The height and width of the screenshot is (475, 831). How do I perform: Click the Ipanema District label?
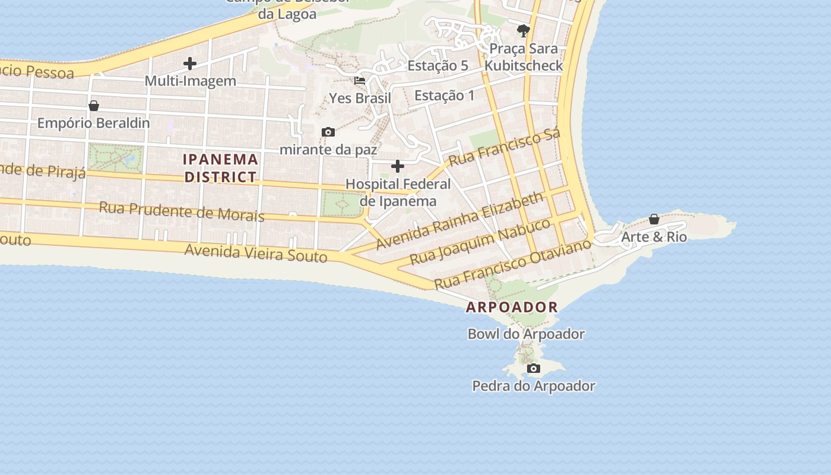[x=220, y=168]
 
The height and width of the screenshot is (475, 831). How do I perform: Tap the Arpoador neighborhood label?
[x=512, y=307]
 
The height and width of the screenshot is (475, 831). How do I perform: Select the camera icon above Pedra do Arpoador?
[x=534, y=369]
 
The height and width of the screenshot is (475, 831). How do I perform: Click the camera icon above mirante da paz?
[x=328, y=132]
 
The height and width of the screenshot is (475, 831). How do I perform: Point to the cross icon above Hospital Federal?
[x=398, y=166]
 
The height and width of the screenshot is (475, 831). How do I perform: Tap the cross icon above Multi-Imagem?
[x=190, y=63]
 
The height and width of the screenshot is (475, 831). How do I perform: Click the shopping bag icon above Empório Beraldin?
[x=93, y=106]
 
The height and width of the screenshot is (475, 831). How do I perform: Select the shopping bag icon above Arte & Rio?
[x=654, y=219]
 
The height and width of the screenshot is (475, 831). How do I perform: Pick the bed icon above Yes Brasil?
[x=360, y=80]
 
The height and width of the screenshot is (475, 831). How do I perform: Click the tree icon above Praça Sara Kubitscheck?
[x=523, y=30]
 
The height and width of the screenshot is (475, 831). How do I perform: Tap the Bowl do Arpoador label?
[x=526, y=334]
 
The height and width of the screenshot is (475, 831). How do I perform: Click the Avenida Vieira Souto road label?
[x=255, y=252]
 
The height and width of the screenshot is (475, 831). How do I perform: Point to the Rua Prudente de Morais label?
[x=182, y=211]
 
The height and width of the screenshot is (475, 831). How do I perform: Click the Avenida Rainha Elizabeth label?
[x=460, y=220]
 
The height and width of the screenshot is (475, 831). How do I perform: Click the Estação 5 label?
[x=437, y=65]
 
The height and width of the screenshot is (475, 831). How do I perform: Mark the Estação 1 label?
[x=445, y=95]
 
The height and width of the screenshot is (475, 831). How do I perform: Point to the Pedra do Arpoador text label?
[x=534, y=386]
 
